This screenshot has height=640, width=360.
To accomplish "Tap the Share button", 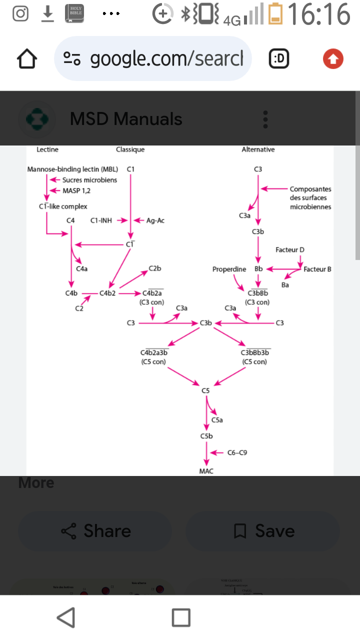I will (x=95, y=531).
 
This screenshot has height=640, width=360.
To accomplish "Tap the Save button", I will (x=263, y=531).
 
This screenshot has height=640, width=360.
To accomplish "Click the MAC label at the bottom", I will (x=206, y=471).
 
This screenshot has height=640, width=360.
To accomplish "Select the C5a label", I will (x=217, y=420).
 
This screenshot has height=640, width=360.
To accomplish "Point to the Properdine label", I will (x=229, y=269).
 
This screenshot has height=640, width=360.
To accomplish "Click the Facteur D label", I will (x=290, y=249).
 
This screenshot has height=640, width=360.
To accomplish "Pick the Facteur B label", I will (x=317, y=269).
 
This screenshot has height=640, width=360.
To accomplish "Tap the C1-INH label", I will (x=101, y=220).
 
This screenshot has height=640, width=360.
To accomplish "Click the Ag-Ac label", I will (x=155, y=220).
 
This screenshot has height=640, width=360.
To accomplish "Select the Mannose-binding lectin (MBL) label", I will (x=72, y=169).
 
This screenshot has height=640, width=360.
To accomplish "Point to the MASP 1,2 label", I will (x=76, y=190).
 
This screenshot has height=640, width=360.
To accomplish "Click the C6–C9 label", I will (x=237, y=452).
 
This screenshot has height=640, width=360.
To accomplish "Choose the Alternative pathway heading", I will (x=258, y=149).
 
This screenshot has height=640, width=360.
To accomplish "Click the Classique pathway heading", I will (x=130, y=149).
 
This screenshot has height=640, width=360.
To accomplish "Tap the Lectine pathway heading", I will (x=47, y=149).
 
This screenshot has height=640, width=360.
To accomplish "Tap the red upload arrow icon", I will (x=333, y=59).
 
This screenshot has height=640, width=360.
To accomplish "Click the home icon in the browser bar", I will (x=27, y=59).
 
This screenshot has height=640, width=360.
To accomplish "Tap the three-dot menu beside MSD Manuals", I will (x=265, y=119).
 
